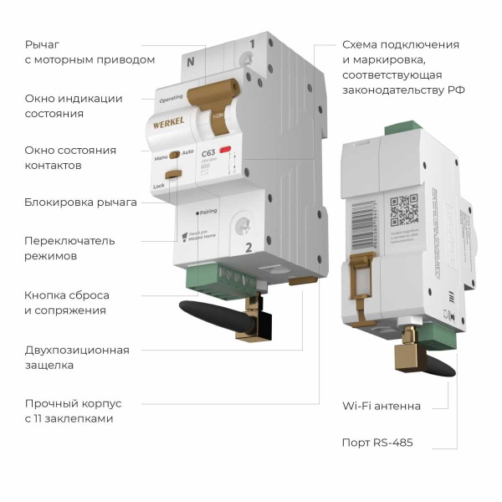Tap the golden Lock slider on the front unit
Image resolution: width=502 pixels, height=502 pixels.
pyautogui.click(x=173, y=175)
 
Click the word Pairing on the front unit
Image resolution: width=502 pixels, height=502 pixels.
pyautogui.click(x=208, y=211)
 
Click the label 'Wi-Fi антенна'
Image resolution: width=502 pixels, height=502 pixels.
pyautogui.click(x=381, y=407)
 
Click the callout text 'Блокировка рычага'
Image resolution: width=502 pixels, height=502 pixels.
pyautogui.click(x=80, y=202)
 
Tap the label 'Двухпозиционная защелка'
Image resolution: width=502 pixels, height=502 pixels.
pyautogui.click(x=77, y=357)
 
